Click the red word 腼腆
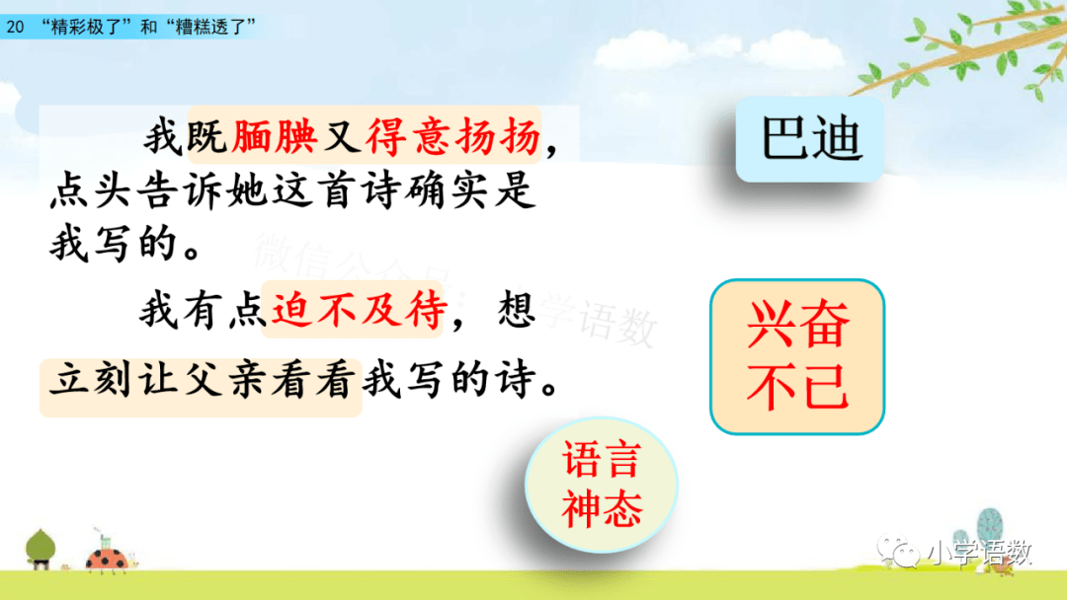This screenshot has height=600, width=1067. click(275, 136)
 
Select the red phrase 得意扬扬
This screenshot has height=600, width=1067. click(453, 136)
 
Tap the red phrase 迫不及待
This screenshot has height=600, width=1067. click(359, 311)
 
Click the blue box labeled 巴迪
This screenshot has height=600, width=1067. click(810, 139)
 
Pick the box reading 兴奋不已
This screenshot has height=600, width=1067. click(797, 356)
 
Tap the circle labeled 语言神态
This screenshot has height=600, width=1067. click(602, 484)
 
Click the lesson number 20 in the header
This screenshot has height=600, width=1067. click(15, 27)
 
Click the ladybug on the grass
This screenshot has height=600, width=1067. click(107, 558)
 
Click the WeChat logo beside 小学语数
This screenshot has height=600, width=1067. click(898, 551)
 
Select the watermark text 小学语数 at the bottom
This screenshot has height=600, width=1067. click(980, 553)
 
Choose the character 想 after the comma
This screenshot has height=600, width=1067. click(516, 311)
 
